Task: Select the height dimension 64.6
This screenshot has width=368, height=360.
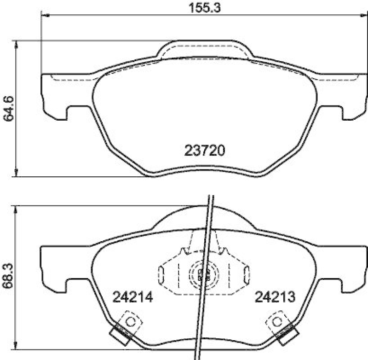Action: click(9, 109)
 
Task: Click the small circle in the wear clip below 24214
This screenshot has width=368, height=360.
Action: click(130, 321)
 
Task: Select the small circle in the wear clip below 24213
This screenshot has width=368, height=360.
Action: click(277, 321)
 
